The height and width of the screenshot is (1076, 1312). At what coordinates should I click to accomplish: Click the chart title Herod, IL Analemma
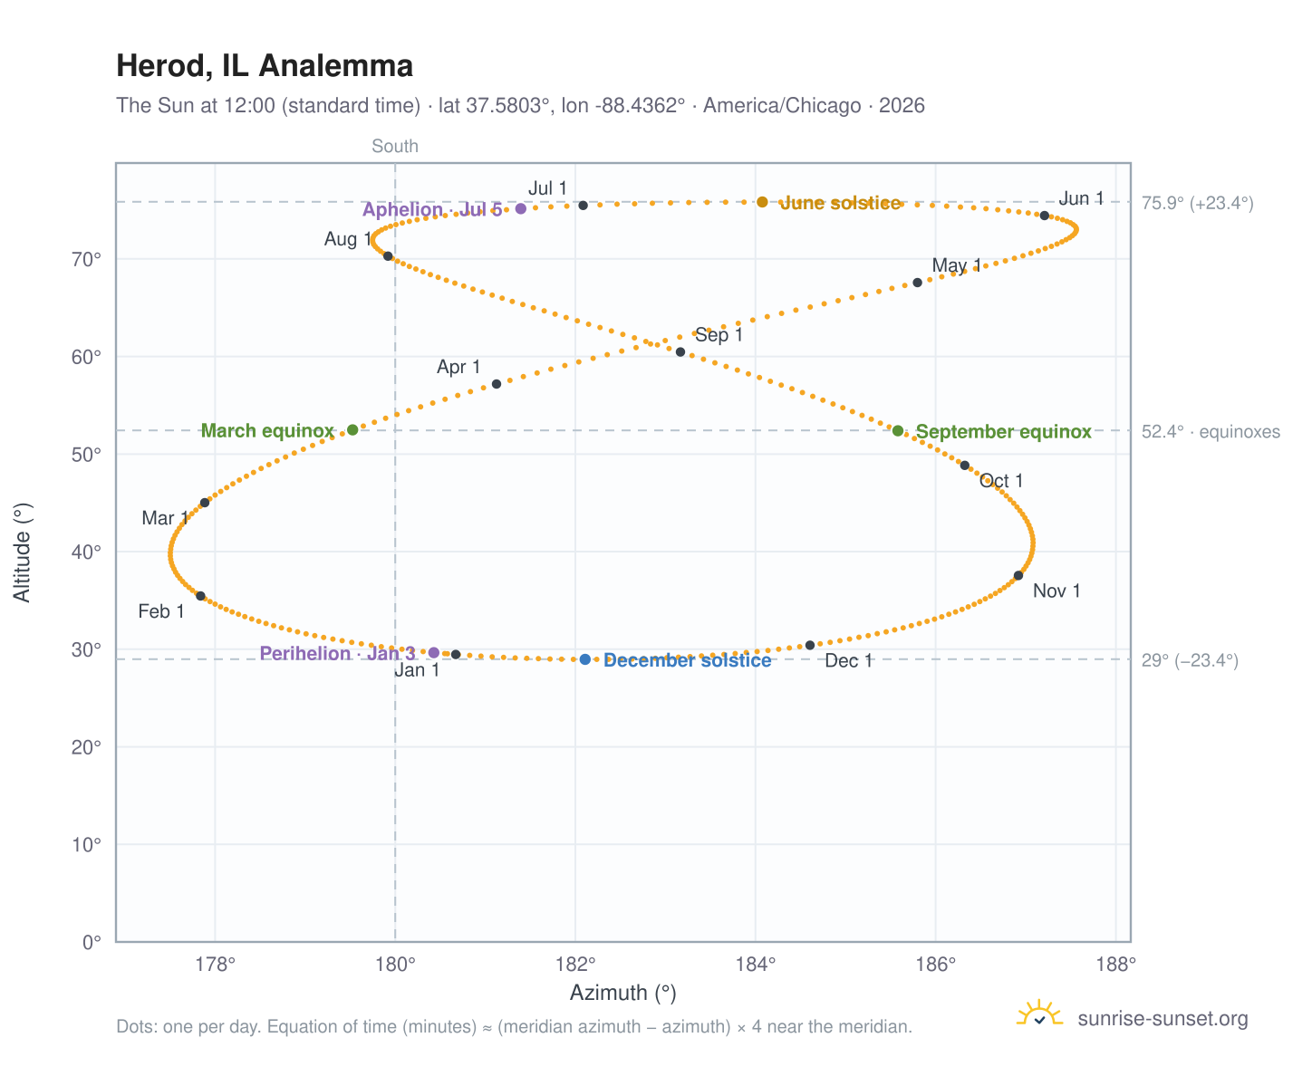[264, 65]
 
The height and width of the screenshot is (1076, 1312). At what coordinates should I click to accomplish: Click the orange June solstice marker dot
[761, 201]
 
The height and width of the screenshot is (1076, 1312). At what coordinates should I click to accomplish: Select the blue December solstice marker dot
[584, 658]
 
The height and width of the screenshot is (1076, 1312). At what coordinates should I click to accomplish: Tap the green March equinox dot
[352, 429]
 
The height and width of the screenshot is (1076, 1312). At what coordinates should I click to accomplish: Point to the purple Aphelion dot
[520, 208]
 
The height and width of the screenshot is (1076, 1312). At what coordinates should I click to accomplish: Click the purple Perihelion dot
[434, 652]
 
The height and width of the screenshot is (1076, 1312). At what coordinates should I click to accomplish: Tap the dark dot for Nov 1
[1018, 575]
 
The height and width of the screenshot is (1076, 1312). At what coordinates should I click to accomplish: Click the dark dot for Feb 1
[200, 595]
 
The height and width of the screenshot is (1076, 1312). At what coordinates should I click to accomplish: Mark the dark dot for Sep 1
[680, 351]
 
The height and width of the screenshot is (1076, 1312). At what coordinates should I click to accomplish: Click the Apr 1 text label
[458, 366]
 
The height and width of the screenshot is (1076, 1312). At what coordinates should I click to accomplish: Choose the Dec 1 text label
[847, 660]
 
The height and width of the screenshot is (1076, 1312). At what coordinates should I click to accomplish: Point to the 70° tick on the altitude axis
[86, 259]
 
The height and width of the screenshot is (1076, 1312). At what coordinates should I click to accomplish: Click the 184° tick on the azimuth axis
[755, 964]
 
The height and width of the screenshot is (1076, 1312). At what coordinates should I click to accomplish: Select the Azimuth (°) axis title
[622, 992]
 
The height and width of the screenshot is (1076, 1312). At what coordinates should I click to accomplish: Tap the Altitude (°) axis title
[22, 552]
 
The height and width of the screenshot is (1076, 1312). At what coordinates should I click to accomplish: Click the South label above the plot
[394, 146]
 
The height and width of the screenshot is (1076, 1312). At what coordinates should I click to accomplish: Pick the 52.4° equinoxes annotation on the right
[1210, 431]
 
